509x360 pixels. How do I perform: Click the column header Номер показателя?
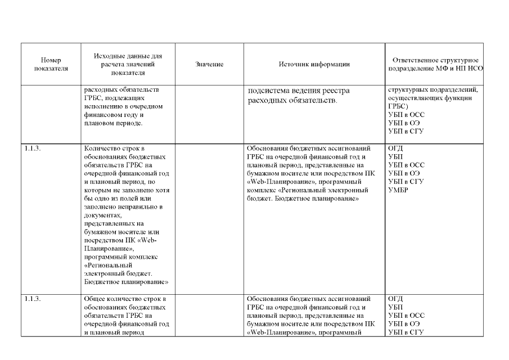click(51, 64)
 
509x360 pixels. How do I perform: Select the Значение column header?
click(209, 65)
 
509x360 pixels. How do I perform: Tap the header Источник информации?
click(314, 64)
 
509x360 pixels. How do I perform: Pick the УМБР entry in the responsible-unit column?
click(399, 190)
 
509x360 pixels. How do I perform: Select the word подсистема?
click(268, 91)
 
